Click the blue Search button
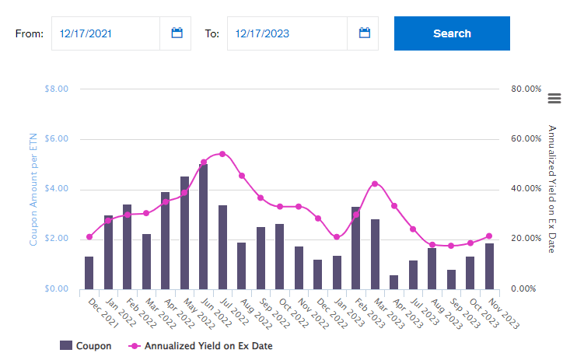pos(452,33)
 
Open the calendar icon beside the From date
pos(177,33)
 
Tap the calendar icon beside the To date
pos(364,33)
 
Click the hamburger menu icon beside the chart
pos(554,98)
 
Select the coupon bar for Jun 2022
pos(204,226)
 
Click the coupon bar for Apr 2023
pos(394,281)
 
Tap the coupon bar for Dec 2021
pos(89,272)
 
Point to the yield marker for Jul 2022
pos(222,154)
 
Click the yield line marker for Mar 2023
pos(375,183)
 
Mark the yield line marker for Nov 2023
pos(489,236)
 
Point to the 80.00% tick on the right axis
pos(525,89)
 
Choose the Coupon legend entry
pos(86,346)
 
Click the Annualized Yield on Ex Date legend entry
pos(200,346)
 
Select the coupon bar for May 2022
pos(184,232)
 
